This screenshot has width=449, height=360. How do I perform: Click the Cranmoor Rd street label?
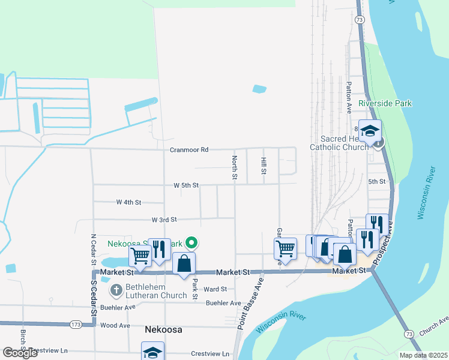(x=188, y=149)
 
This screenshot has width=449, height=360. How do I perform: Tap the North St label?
(x=234, y=168)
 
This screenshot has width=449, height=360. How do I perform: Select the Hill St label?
(x=263, y=166)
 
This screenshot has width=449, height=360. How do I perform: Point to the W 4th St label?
(x=128, y=203)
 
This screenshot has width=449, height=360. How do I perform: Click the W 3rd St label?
(x=164, y=220)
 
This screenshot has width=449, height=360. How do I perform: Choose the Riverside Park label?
(x=385, y=103)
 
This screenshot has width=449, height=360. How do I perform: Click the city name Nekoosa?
(x=163, y=330)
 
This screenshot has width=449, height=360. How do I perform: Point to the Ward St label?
(x=215, y=289)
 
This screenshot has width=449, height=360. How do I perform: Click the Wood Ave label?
(x=116, y=325)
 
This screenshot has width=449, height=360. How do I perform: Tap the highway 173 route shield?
(x=75, y=325)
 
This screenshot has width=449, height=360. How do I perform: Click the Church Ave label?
(x=433, y=328)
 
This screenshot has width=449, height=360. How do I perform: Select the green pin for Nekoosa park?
(x=191, y=243)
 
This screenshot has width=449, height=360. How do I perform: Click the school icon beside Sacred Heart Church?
(x=370, y=131)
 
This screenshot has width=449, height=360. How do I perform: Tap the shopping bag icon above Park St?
(x=184, y=263)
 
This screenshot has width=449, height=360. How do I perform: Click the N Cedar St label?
(x=93, y=249)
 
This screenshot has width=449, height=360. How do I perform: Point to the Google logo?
(x=20, y=353)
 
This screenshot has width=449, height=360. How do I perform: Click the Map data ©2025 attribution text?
(x=423, y=355)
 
